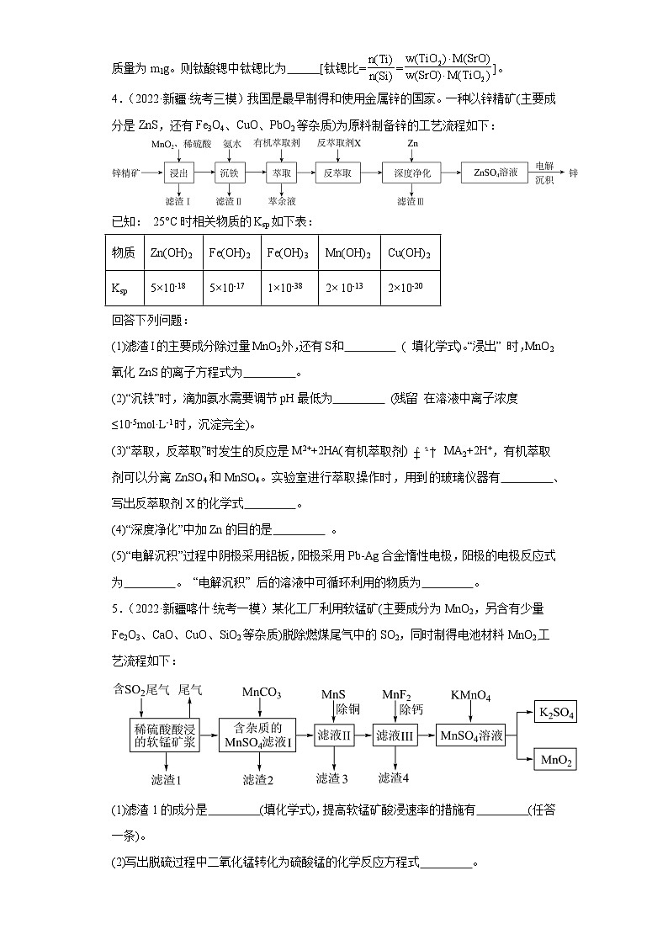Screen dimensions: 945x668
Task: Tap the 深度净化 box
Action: tap(412, 173)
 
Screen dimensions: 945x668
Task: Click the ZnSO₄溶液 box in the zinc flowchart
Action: tap(496, 173)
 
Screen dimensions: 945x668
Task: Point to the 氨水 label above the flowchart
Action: tap(233, 144)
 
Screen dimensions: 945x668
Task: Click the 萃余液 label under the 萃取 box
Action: tap(282, 201)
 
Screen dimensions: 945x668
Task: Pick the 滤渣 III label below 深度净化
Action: tap(411, 201)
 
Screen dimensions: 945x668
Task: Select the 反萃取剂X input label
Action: tap(339, 144)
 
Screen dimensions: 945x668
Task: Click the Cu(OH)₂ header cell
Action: tap(410, 253)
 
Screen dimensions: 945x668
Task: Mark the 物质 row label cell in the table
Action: tap(124, 253)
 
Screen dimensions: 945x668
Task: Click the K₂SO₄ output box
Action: tap(556, 714)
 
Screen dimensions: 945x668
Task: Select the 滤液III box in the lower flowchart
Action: tap(395, 735)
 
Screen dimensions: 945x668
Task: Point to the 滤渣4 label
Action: tap(394, 778)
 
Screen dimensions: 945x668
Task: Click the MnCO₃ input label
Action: tap(262, 693)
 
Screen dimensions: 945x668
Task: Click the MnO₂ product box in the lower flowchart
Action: tap(556, 760)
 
